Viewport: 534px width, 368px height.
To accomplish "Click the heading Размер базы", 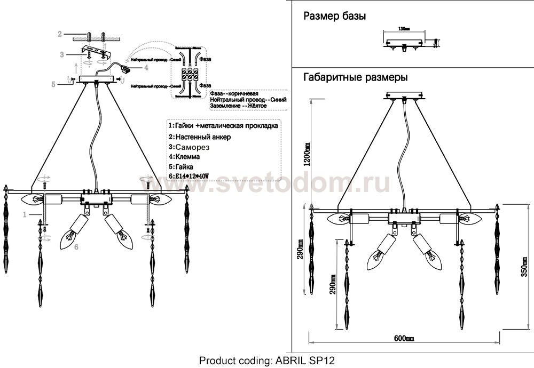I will click(334, 17).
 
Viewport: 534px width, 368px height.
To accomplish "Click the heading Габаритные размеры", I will click(356, 77).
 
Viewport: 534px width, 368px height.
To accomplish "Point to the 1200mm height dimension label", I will click(307, 155).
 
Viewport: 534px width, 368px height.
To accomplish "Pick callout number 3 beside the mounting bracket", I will click(62, 54).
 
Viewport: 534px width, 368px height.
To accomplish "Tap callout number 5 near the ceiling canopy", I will click(53, 83).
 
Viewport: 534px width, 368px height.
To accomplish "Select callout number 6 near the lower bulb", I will click(76, 247).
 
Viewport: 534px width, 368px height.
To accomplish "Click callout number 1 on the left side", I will click(25, 214).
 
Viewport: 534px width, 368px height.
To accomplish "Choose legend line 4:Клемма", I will click(184, 157).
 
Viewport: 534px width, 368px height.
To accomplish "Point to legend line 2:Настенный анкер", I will click(200, 137).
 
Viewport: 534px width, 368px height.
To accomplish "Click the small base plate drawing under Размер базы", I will click(404, 42).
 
